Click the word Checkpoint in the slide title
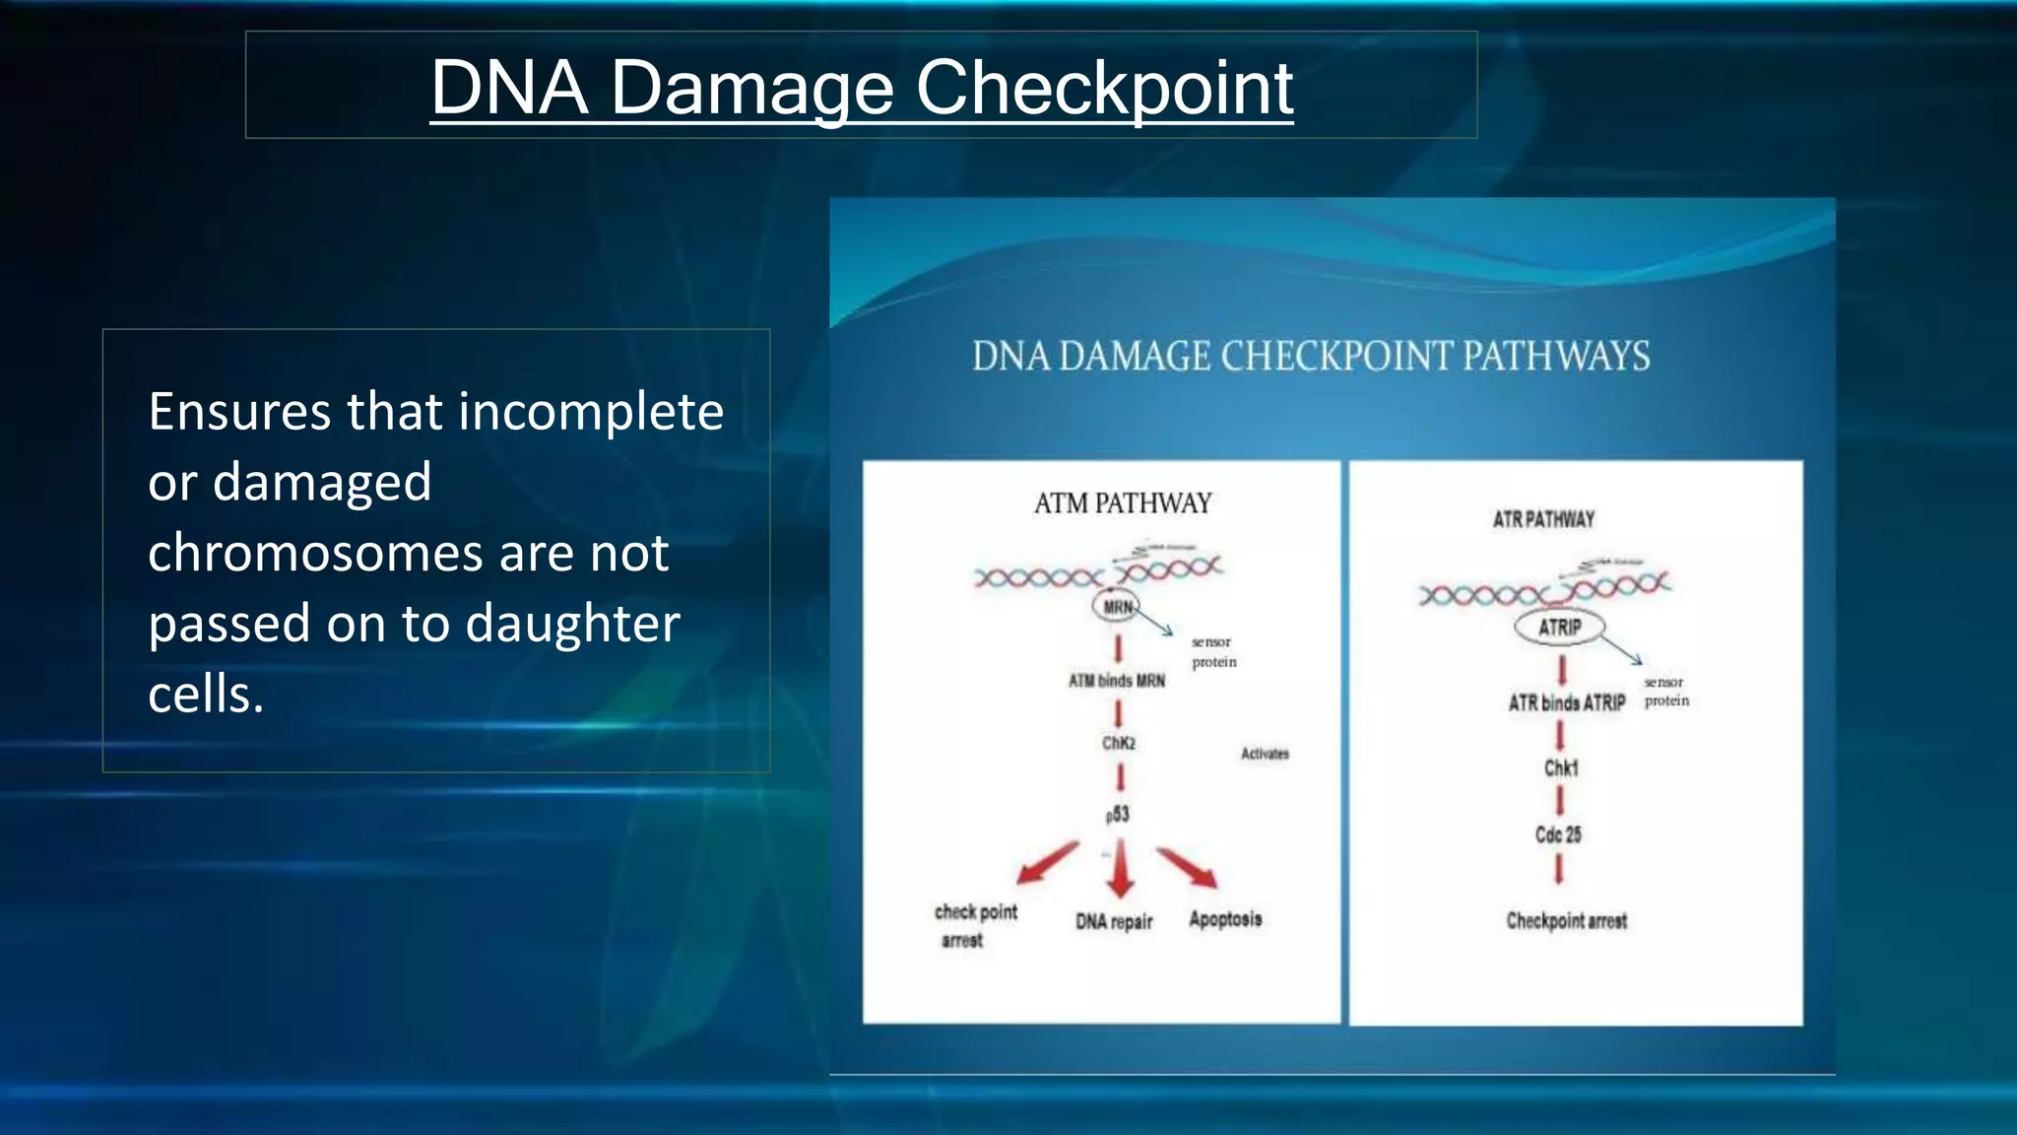coord(1104,89)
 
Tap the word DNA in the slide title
coord(509,89)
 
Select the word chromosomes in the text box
coord(313,553)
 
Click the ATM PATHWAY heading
coord(1123,503)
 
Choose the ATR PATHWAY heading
coord(1543,519)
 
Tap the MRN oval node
coord(1118,607)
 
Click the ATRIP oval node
coord(1559,628)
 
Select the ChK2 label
coord(1119,743)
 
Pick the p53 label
coord(1118,815)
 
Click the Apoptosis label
coord(1225,919)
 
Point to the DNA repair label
coord(1114,922)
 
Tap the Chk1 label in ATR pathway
coord(1561,768)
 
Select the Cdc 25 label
coord(1558,835)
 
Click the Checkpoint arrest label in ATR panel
coord(1567,921)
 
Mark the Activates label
coord(1265,754)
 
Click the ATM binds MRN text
coord(1117,681)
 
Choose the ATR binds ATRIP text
coord(1567,703)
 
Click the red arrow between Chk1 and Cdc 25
coord(1560,800)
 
